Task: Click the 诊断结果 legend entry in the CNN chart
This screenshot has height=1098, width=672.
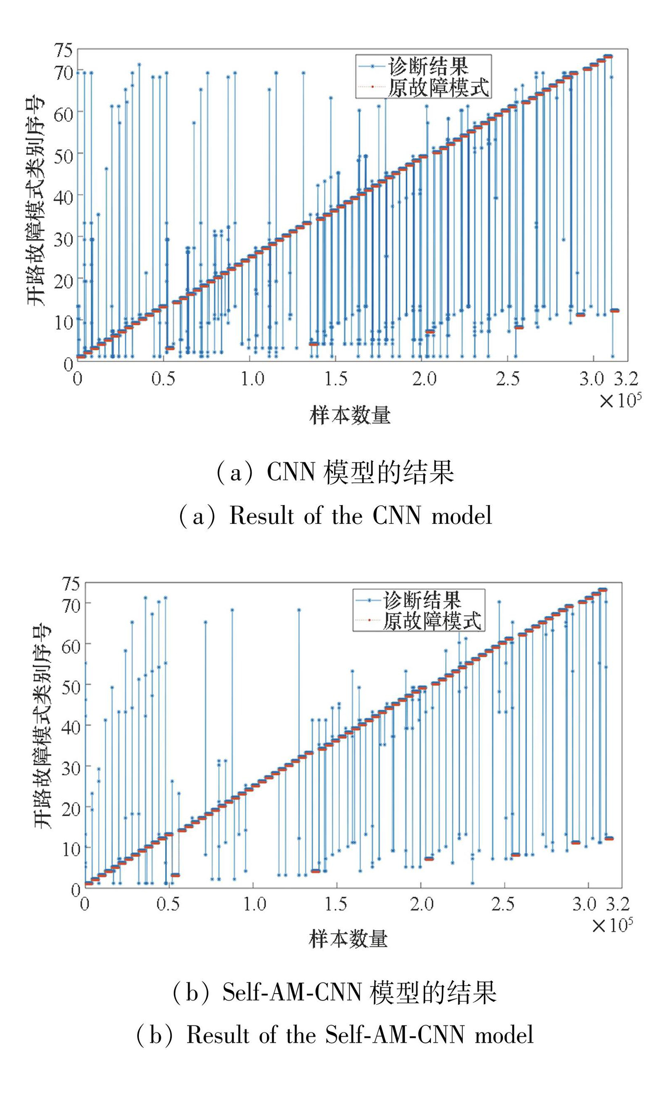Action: coord(428,66)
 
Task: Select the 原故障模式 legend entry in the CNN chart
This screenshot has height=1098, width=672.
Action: coord(438,87)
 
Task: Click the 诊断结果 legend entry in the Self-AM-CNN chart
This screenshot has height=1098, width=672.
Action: coord(422,601)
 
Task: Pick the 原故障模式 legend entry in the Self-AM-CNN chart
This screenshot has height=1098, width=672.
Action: coord(431,621)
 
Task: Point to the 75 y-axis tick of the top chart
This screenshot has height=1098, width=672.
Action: coord(63,50)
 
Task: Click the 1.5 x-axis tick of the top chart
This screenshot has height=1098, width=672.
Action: coord(336,379)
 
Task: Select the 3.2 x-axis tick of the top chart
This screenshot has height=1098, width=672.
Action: coord(625,379)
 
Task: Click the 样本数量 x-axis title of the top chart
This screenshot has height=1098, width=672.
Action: coord(349,415)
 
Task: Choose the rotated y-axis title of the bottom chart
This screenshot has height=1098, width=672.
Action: coord(43,726)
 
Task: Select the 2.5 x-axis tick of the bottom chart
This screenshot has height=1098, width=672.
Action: coord(503,904)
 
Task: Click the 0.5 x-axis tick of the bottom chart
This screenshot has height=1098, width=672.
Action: coord(168,904)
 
